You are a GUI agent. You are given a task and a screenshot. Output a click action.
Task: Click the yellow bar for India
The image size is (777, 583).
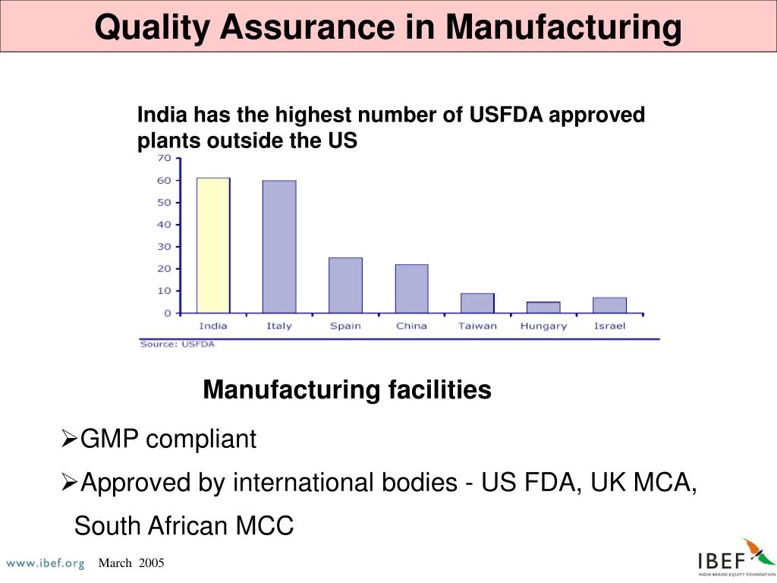tap(213, 245)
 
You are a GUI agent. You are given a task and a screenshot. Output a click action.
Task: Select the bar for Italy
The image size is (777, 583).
tap(279, 247)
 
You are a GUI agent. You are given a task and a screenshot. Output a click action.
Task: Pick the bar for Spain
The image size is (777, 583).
tap(345, 285)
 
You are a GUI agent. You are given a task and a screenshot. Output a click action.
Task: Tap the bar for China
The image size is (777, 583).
tap(411, 288)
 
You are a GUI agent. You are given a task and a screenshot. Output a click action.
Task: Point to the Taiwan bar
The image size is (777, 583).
tap(477, 303)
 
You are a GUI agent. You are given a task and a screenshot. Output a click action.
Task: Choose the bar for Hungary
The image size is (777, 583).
tap(543, 307)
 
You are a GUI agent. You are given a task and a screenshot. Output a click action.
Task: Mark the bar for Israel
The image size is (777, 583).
tap(609, 305)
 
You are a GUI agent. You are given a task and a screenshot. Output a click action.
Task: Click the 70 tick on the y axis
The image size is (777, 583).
tap(163, 158)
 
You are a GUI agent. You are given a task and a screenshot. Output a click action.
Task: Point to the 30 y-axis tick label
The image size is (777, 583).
tap(163, 247)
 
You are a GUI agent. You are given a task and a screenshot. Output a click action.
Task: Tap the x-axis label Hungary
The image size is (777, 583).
tap(543, 326)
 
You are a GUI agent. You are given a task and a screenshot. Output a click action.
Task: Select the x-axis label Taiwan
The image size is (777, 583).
tap(477, 326)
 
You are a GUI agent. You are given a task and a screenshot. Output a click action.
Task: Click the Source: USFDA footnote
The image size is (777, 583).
tap(177, 344)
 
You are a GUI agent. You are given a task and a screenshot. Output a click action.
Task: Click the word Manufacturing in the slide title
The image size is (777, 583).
tap(564, 27)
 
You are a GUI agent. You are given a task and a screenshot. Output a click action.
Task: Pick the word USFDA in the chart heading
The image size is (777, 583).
tap(505, 115)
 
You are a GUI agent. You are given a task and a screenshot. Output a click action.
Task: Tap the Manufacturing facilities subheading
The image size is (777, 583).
tap(347, 390)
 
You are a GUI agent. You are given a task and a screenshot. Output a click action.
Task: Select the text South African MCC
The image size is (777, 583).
tap(184, 526)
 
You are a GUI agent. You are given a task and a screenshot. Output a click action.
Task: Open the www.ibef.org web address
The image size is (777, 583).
tap(45, 563)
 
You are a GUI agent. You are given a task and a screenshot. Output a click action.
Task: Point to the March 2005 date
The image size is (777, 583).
tap(131, 563)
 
